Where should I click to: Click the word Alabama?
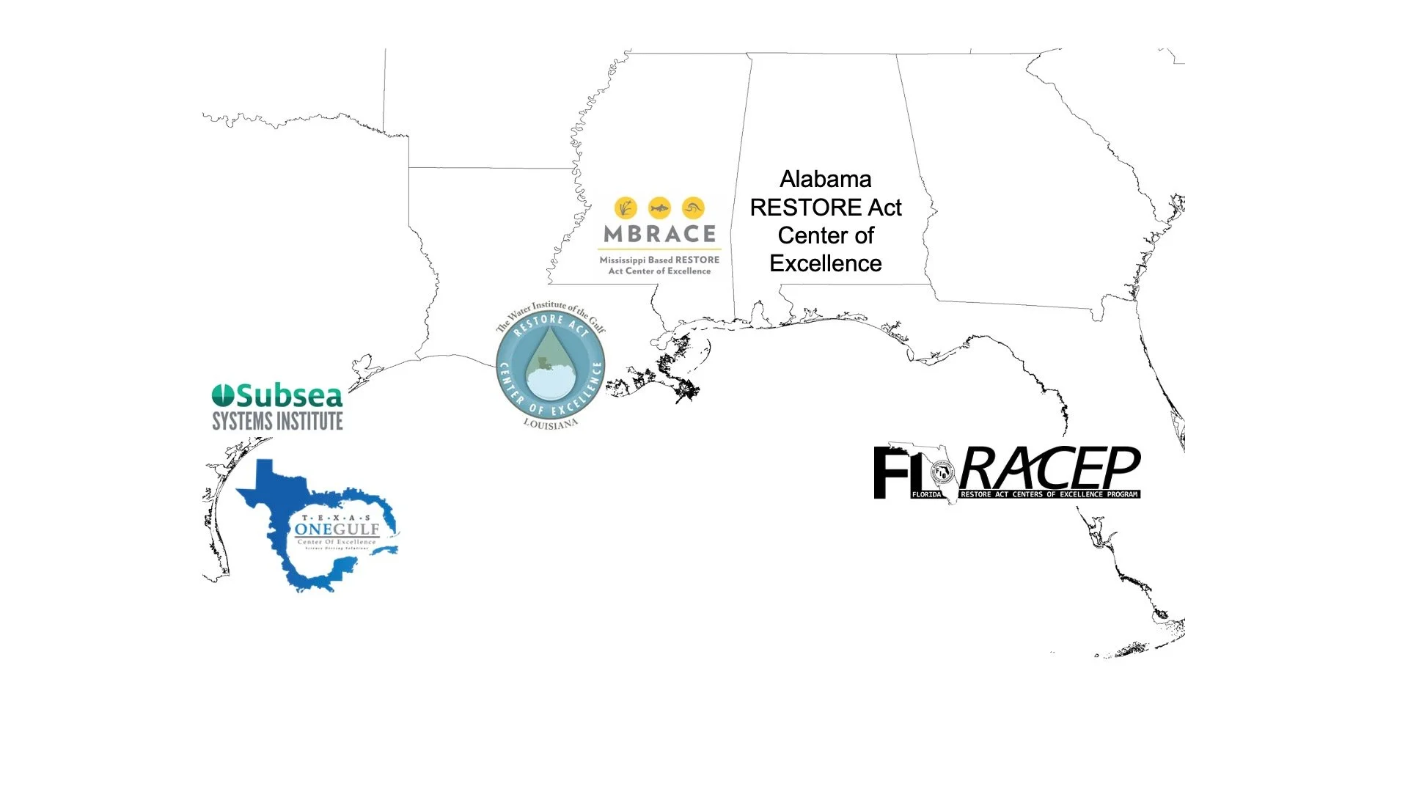(x=825, y=180)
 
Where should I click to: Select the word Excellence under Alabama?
(x=825, y=264)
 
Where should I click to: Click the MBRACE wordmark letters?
(x=659, y=234)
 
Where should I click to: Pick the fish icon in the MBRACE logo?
(x=659, y=208)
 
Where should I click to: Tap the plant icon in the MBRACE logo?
(x=626, y=208)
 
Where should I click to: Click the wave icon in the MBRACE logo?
(x=693, y=208)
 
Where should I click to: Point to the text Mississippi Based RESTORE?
(x=659, y=260)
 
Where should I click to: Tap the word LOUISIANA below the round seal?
(x=550, y=424)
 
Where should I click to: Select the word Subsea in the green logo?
(x=289, y=396)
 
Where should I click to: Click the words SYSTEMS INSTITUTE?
(x=277, y=421)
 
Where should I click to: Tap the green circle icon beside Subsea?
(x=223, y=396)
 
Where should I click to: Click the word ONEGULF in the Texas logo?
(x=337, y=529)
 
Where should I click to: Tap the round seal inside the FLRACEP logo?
(x=941, y=473)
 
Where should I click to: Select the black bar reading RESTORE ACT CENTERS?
(x=1049, y=494)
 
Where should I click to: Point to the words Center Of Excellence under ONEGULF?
(x=337, y=542)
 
